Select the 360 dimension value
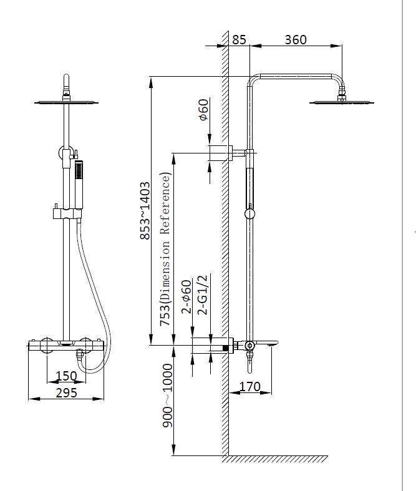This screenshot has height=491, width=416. click(x=295, y=39)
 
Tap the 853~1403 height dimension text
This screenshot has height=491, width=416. click(x=144, y=210)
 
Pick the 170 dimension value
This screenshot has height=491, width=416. click(x=250, y=387)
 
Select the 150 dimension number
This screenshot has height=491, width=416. click(x=66, y=376)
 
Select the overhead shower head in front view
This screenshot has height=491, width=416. click(x=66, y=102)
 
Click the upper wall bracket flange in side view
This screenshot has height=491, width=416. click(x=219, y=152)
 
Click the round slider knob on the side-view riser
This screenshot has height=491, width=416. click(x=249, y=214)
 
